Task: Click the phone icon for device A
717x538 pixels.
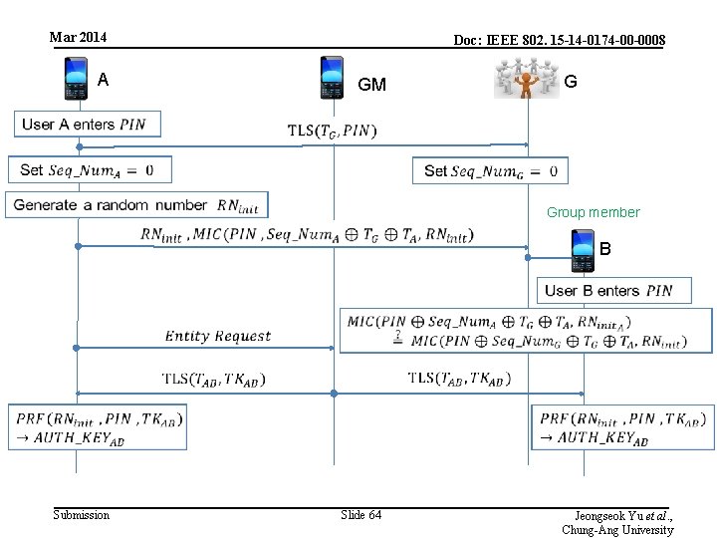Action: point(77,79)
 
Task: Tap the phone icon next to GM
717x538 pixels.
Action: point(333,78)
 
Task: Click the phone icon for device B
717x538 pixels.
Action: point(583,250)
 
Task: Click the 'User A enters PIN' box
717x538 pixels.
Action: point(87,125)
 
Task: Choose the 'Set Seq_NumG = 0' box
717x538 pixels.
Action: point(490,170)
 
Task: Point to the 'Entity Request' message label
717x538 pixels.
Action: point(217,336)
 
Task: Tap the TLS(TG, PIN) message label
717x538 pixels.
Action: point(332,131)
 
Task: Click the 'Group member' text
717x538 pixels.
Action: point(593,212)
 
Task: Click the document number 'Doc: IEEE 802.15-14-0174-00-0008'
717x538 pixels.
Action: point(559,40)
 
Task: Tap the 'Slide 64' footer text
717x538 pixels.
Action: point(360,514)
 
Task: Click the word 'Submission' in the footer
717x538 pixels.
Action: point(81,514)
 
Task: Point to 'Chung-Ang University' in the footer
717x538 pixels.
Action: point(617,530)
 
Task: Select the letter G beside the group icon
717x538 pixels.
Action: point(571,82)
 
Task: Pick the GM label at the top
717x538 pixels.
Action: point(371,85)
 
